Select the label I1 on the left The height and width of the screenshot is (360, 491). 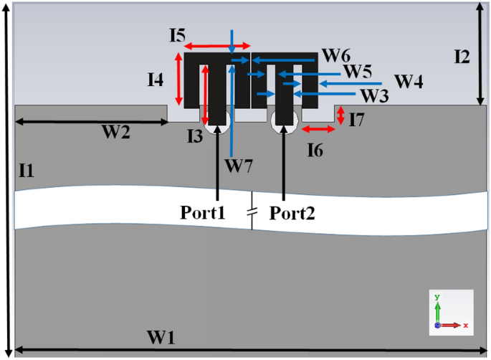pyautogui.click(x=27, y=170)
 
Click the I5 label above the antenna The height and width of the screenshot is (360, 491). pyautogui.click(x=178, y=33)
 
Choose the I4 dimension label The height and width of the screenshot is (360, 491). pyautogui.click(x=156, y=80)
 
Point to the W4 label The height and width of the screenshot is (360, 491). pyautogui.click(x=408, y=81)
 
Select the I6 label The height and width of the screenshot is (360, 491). pyautogui.click(x=317, y=150)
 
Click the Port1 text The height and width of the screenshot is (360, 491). pyautogui.click(x=204, y=212)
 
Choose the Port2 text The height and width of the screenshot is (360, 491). pyautogui.click(x=292, y=212)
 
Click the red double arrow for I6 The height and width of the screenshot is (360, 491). pyautogui.click(x=318, y=129)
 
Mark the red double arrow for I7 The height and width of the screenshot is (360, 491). pyautogui.click(x=341, y=115)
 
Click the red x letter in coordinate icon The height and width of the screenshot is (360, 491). pyautogui.click(x=465, y=326)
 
